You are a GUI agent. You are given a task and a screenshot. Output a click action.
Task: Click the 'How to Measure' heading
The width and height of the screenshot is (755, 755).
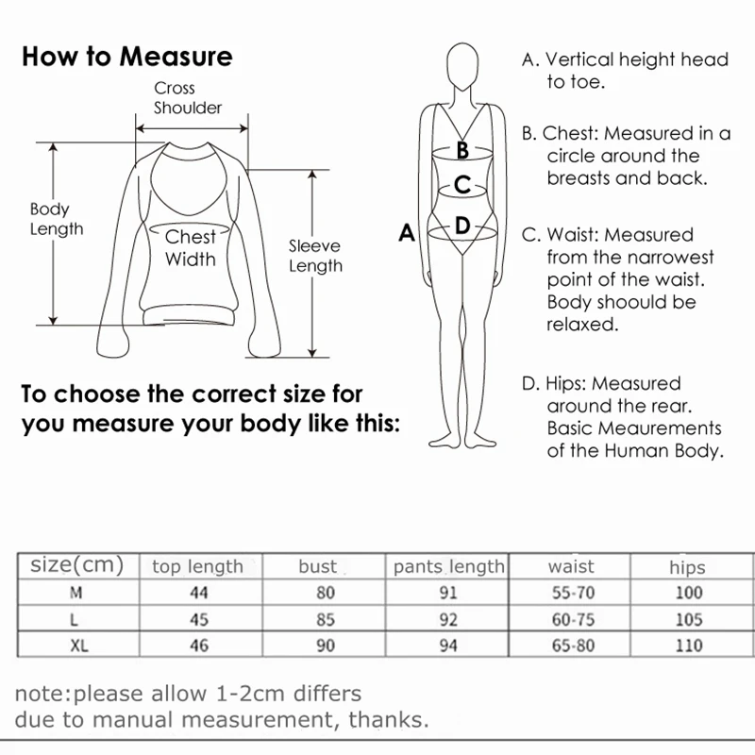pyautogui.click(x=126, y=57)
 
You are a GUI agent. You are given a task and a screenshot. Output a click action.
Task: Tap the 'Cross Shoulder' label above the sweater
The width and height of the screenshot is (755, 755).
pyautogui.click(x=188, y=98)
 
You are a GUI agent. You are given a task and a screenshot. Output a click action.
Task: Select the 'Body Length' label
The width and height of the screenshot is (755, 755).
pyautogui.click(x=57, y=219)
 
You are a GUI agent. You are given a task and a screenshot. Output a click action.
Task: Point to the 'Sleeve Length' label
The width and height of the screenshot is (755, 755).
pyautogui.click(x=315, y=256)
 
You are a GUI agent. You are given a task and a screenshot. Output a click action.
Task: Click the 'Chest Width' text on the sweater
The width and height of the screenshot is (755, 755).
pyautogui.click(x=191, y=248)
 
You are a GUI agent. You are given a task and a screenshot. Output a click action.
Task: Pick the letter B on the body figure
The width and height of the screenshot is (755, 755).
pyautogui.click(x=462, y=149)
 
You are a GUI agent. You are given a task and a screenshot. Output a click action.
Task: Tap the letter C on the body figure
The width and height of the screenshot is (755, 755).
pyautogui.click(x=462, y=185)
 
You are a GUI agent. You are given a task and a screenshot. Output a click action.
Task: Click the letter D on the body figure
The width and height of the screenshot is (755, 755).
pyautogui.click(x=462, y=226)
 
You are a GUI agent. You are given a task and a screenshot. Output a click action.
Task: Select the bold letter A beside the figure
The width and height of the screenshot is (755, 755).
pyautogui.click(x=407, y=232)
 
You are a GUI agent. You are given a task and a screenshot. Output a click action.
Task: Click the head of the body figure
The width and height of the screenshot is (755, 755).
pyautogui.click(x=462, y=66)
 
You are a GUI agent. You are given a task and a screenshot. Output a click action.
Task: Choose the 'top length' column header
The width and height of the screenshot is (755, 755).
pyautogui.click(x=197, y=566)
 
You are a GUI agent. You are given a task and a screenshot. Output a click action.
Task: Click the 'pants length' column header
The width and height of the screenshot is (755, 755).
pyautogui.click(x=448, y=566)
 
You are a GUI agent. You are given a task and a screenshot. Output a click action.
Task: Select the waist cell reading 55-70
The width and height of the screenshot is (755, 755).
pyautogui.click(x=571, y=594)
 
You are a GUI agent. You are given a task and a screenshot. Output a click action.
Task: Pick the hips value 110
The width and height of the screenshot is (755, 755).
pyautogui.click(x=688, y=646)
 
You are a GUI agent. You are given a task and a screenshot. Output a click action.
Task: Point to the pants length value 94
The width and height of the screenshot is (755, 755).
pyautogui.click(x=448, y=646)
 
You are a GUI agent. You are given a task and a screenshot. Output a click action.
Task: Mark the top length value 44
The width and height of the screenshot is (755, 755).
pyautogui.click(x=197, y=594)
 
